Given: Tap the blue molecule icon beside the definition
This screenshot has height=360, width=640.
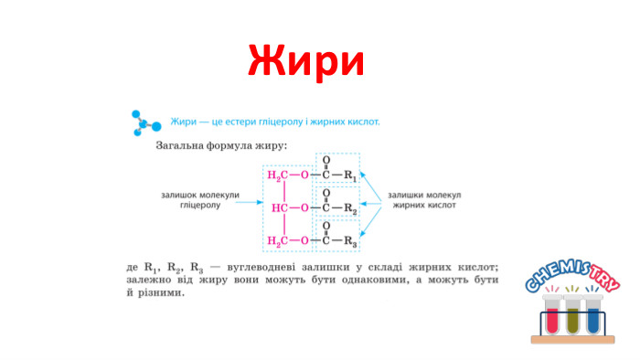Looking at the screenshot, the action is (146, 124).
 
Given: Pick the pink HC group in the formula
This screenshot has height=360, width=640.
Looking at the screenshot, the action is (280, 207).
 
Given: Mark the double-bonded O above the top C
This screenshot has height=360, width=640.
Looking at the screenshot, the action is (325, 159).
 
